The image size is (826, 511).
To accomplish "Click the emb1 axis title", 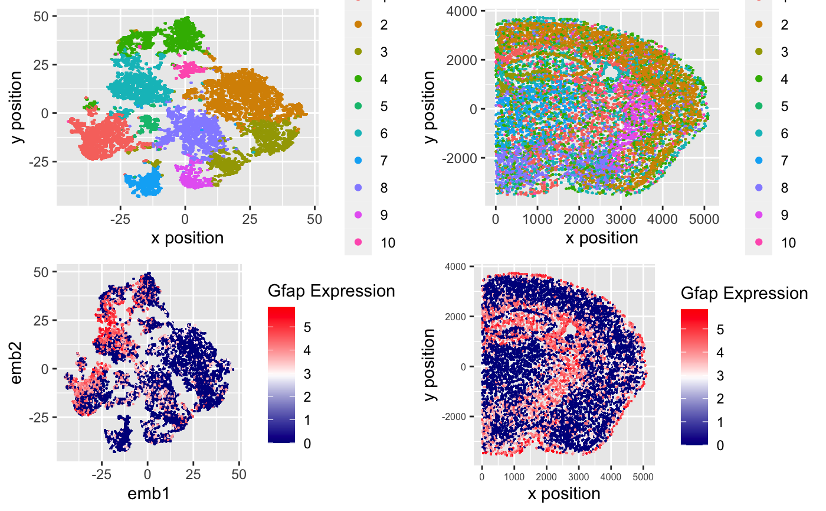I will [148, 494].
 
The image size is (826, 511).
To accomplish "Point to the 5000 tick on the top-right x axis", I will [704, 219].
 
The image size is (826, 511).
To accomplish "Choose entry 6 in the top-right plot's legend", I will [784, 134].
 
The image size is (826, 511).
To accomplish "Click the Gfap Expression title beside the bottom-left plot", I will [330, 291].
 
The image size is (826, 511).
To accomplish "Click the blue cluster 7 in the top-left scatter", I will [143, 181].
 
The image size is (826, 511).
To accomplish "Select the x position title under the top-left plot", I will [187, 238].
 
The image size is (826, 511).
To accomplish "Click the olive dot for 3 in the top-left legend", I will [358, 51].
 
